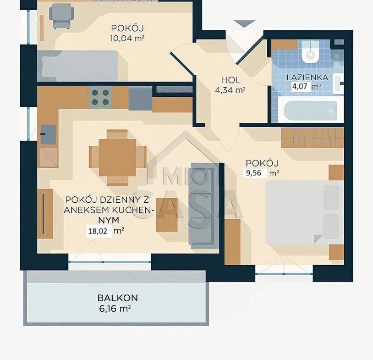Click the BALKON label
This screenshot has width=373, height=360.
click(x=117, y=298)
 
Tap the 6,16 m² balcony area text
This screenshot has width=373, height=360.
click(x=115, y=309)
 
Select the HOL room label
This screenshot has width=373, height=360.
click(x=230, y=80)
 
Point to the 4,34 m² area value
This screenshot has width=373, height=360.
click(x=230, y=90)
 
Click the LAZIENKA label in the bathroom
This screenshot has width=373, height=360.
click(x=307, y=78)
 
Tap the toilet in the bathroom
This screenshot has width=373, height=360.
click(x=310, y=52)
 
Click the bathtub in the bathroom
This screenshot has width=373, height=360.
click(x=310, y=111)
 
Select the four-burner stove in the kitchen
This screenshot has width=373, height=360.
click(x=100, y=97)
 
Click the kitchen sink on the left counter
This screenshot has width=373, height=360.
click(x=48, y=134)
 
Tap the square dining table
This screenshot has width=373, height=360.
click(x=117, y=158)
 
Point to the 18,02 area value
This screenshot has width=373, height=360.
click(x=98, y=231)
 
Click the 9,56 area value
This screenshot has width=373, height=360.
click(x=253, y=173)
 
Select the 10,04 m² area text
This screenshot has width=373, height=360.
click(x=127, y=39)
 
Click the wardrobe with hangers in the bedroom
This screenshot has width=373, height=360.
click(x=313, y=138)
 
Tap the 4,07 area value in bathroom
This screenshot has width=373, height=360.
click(x=300, y=86)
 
